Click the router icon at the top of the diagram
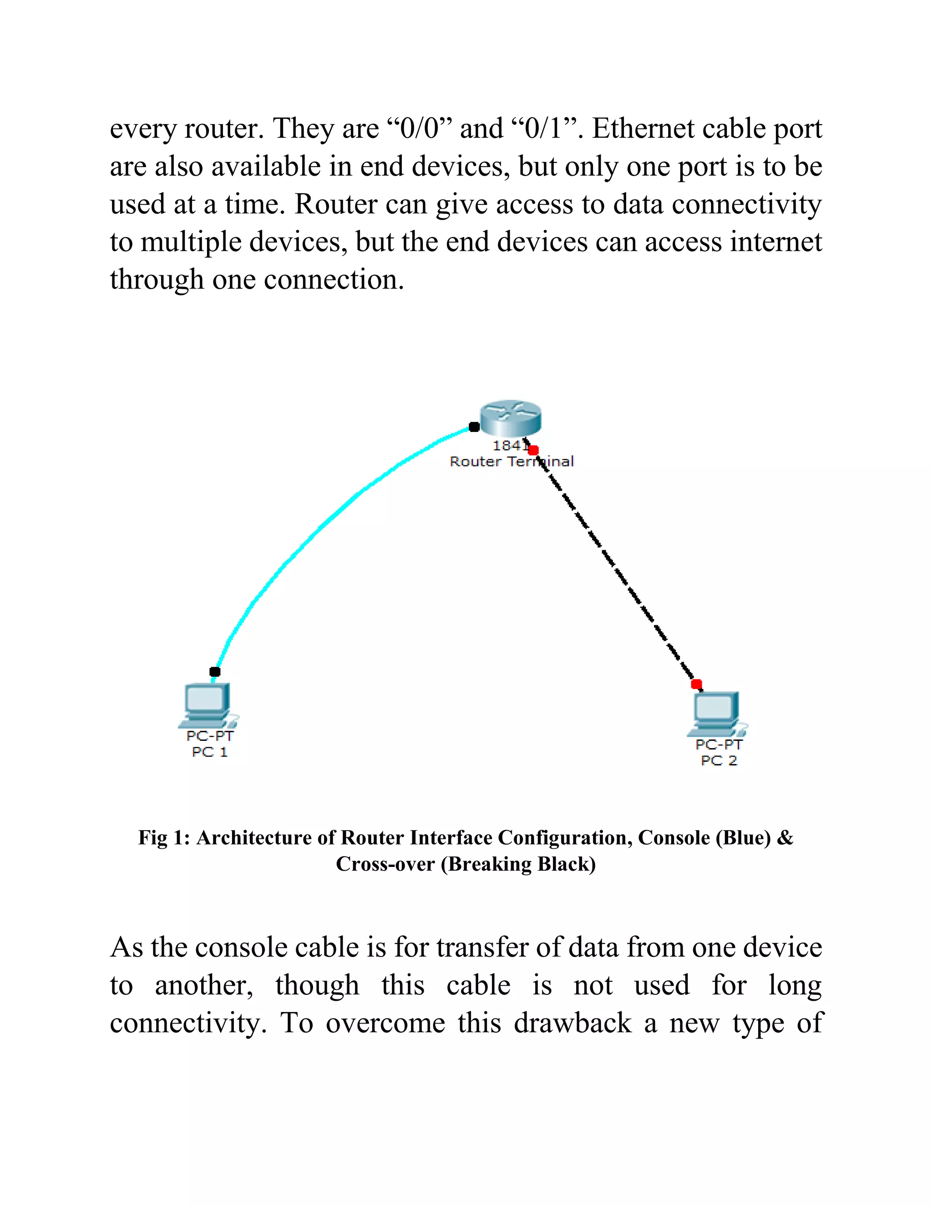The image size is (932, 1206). (x=511, y=418)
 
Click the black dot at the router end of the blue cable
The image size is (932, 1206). (x=474, y=427)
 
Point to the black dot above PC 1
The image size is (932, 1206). (x=215, y=671)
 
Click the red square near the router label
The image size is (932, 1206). (x=533, y=451)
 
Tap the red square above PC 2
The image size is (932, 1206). (x=696, y=684)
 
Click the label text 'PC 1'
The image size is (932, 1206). (x=210, y=752)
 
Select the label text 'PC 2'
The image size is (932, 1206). (x=719, y=761)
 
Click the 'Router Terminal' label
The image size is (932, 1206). (x=511, y=461)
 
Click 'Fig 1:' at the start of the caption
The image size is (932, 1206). (x=163, y=838)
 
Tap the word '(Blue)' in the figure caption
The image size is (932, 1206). (x=743, y=838)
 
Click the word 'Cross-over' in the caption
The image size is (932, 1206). (x=385, y=864)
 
